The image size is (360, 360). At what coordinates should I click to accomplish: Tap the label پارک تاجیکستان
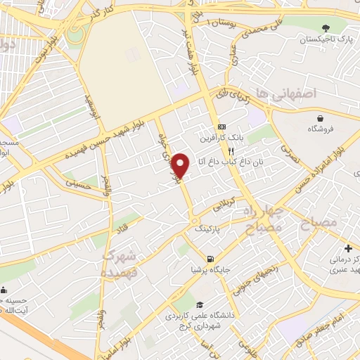324,39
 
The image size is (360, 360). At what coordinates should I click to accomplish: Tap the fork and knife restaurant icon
230,150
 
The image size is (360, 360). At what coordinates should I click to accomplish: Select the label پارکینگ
207,229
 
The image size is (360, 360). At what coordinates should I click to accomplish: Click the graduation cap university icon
200,304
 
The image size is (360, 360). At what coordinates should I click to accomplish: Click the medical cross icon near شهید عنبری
349,247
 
